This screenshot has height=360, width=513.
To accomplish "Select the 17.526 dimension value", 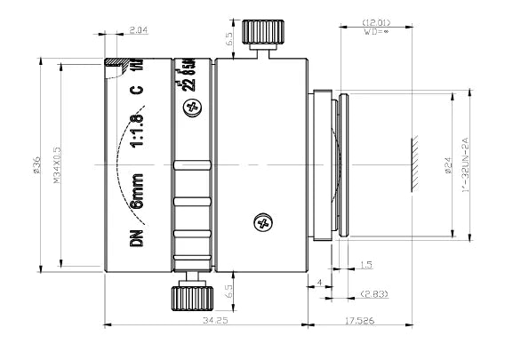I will click(359, 318).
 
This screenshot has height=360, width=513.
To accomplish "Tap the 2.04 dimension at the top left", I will click(138, 30).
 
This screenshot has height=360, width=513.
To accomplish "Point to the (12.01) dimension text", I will click(376, 21).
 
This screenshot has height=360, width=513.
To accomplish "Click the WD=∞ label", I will click(376, 32).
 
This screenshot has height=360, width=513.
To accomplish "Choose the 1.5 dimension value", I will click(367, 264).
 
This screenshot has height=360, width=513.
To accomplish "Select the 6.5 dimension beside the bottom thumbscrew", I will click(230, 289).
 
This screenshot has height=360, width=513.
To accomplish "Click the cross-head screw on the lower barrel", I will click(261, 222).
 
